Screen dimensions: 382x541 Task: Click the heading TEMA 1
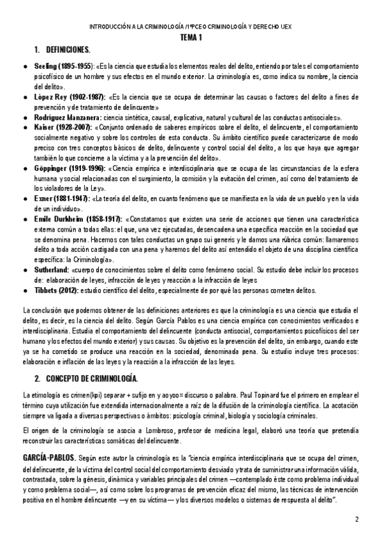[x=191, y=38]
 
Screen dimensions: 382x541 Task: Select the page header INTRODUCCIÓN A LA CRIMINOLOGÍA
[x=191, y=27]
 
